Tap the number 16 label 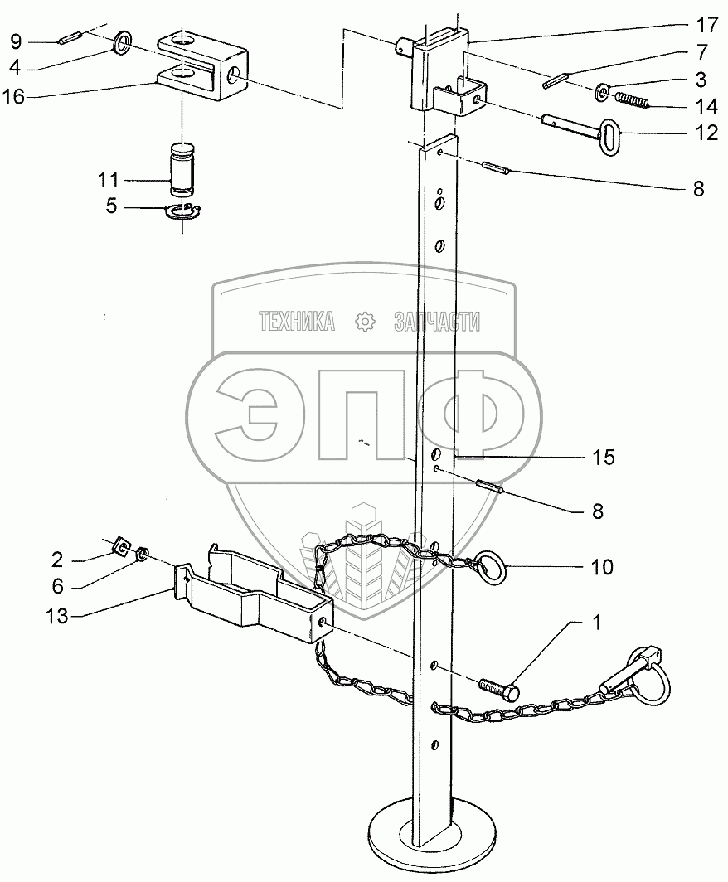point(17,97)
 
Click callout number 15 point(603,457)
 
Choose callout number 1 point(597,621)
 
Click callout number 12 point(706,133)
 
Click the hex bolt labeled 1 point(498,687)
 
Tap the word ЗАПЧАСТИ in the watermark point(436,322)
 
